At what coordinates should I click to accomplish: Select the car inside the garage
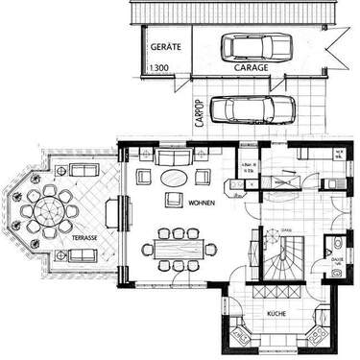[x=256, y=45]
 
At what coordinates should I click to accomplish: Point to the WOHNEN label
[x=201, y=204]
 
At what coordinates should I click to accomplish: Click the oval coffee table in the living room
[x=173, y=178]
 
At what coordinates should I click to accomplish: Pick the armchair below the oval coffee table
[x=174, y=200]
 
